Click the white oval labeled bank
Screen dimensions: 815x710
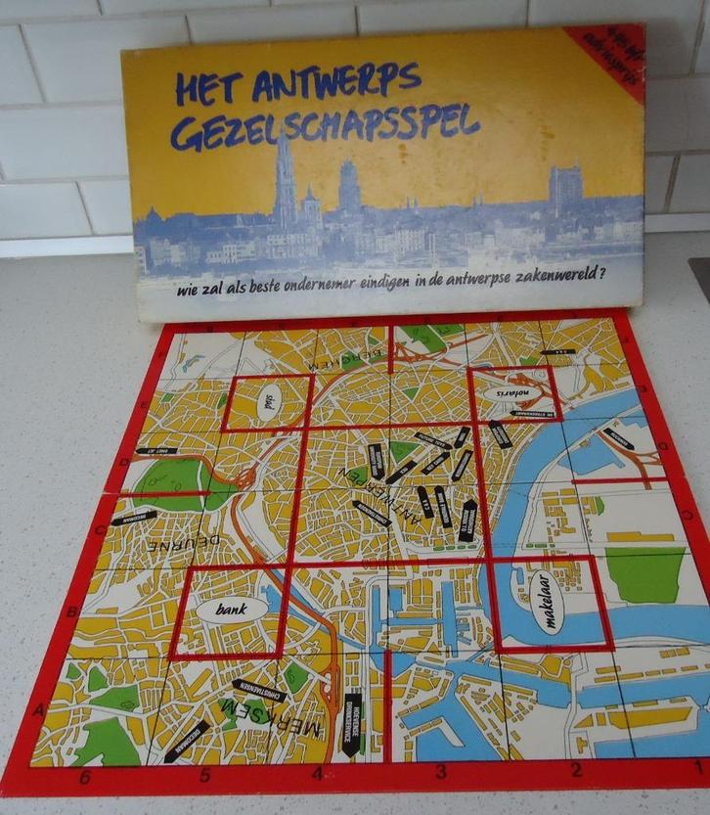pyautogui.click(x=231, y=609)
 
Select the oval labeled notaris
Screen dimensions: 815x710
pyautogui.click(x=507, y=394)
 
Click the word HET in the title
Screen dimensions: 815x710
pyautogui.click(x=207, y=89)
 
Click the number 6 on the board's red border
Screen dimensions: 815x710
pyautogui.click(x=85, y=777)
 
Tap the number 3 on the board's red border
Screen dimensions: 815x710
pyautogui.click(x=440, y=769)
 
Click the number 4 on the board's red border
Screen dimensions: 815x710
pyautogui.click(x=317, y=775)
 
